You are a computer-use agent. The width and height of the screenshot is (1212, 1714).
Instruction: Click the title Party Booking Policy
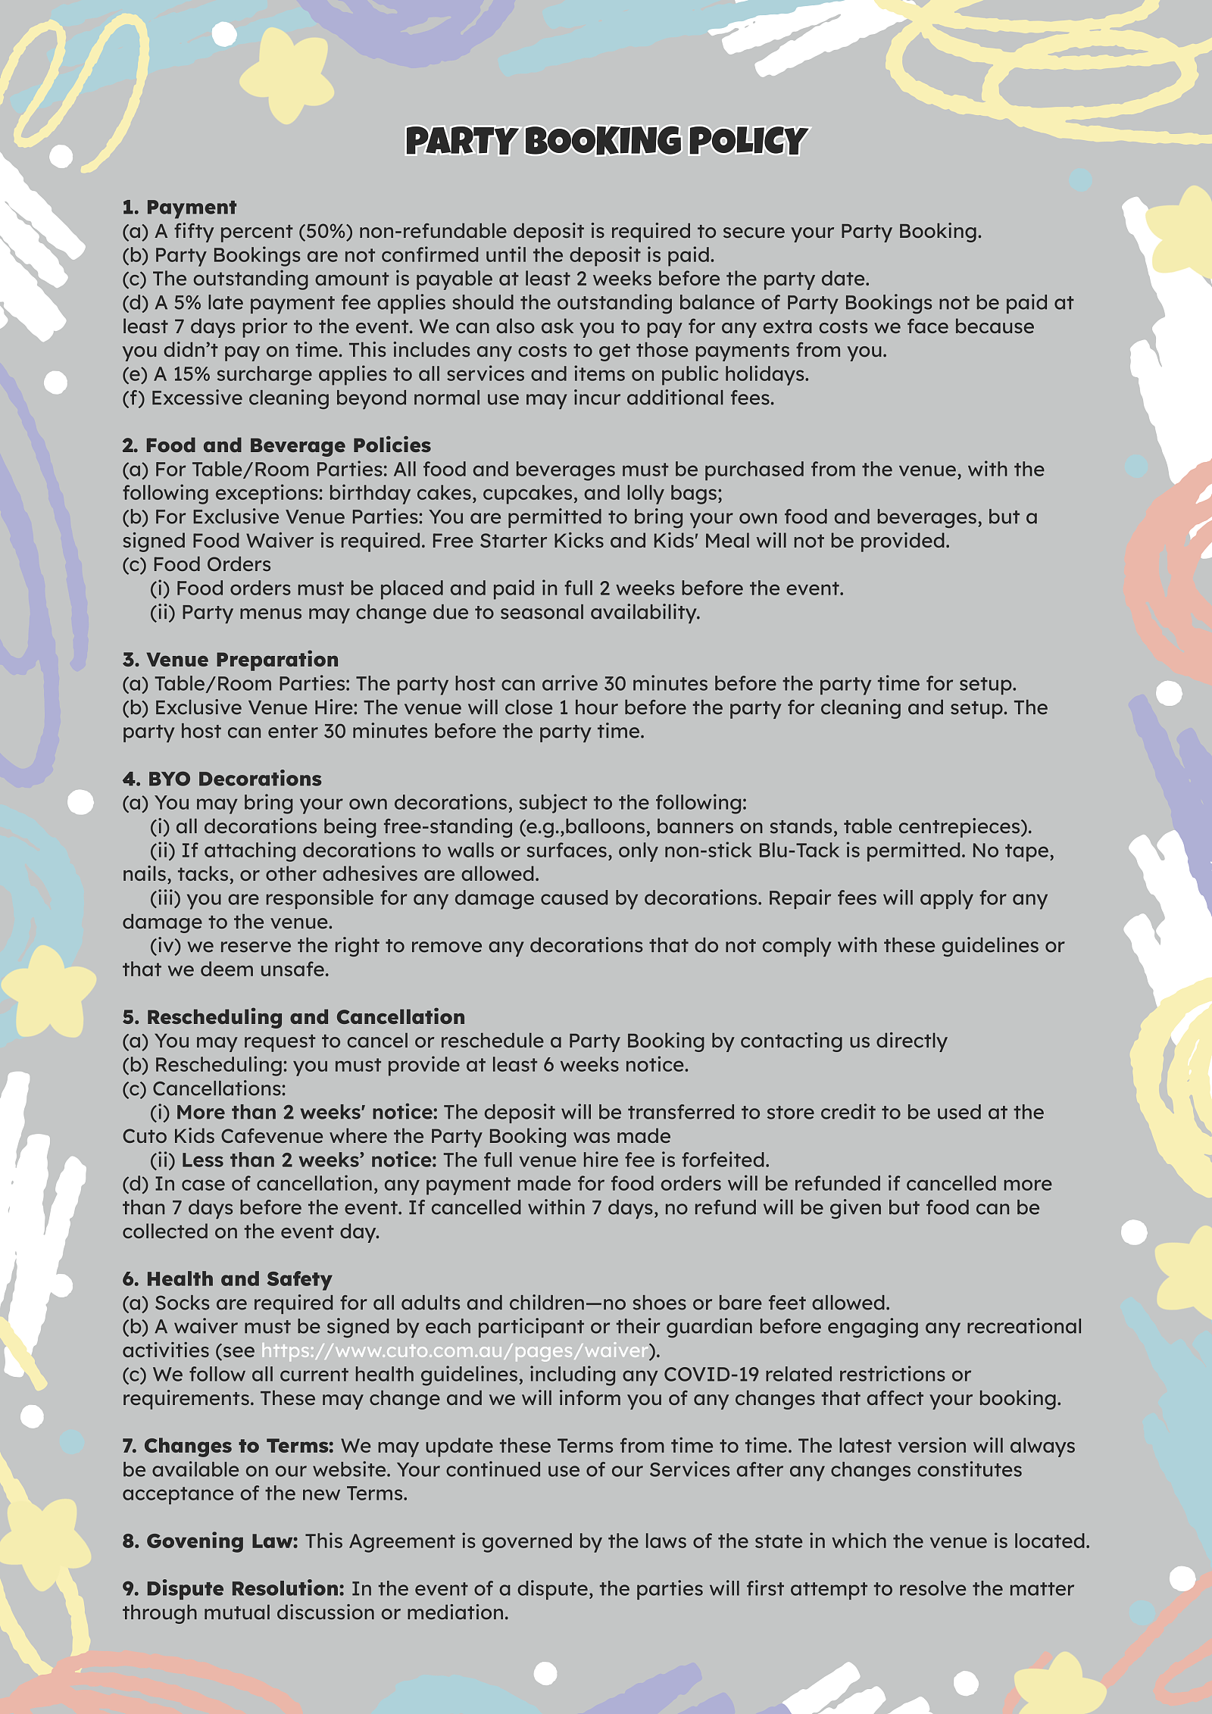pyautogui.click(x=606, y=142)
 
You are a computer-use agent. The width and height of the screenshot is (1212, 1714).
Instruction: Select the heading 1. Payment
pyautogui.click(x=180, y=208)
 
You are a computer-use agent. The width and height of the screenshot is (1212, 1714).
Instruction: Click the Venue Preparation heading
pyautogui.click(x=230, y=660)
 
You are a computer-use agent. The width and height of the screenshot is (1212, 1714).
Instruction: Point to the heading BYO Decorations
pyautogui.click(x=222, y=779)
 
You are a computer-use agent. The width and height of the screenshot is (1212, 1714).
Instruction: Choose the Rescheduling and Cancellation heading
pyautogui.click(x=294, y=1017)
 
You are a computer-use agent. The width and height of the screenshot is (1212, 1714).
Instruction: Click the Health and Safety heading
pyautogui.click(x=227, y=1279)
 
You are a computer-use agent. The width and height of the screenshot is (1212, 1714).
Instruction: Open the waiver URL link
pyautogui.click(x=455, y=1350)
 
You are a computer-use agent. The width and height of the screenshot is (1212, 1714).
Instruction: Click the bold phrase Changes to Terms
pyautogui.click(x=228, y=1446)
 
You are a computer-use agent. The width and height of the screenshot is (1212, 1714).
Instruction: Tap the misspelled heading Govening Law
pyautogui.click(x=211, y=1541)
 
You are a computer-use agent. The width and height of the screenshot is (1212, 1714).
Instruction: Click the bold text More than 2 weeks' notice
pyautogui.click(x=307, y=1113)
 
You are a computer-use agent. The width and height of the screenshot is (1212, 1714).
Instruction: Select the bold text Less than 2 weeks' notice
pyautogui.click(x=308, y=1160)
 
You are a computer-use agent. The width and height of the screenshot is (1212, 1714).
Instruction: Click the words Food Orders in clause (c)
pyautogui.click(x=211, y=565)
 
